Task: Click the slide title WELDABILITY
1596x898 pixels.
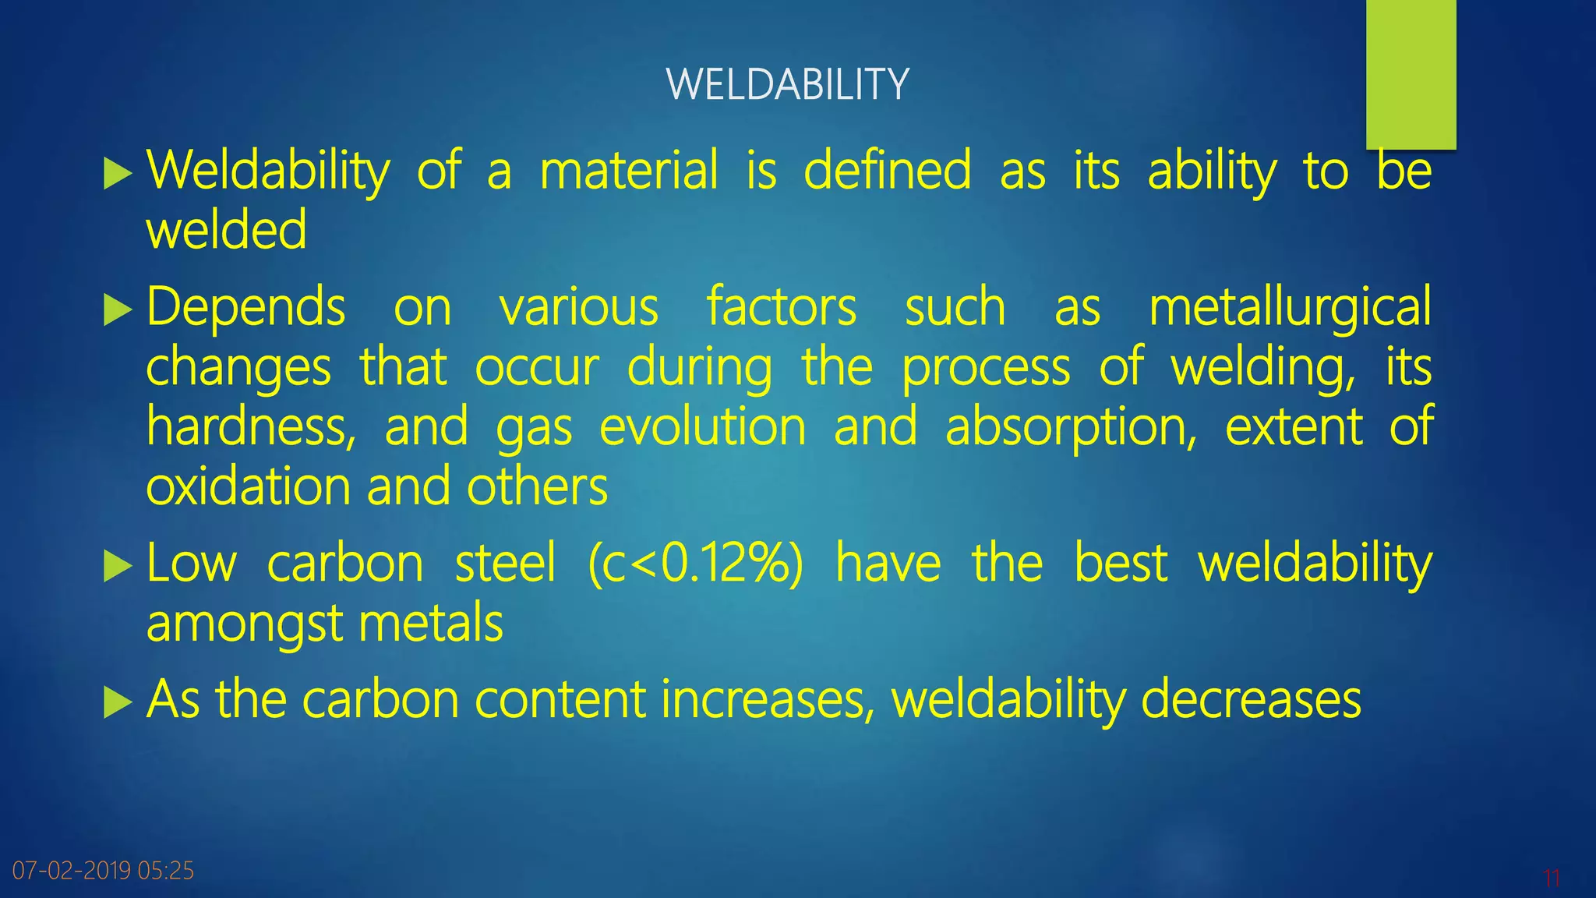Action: [787, 84]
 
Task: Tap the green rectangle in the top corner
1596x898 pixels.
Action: [1411, 74]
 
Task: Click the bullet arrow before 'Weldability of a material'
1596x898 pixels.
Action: [118, 173]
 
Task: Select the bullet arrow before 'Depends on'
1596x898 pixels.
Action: [118, 309]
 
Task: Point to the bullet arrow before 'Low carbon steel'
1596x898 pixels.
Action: [118, 566]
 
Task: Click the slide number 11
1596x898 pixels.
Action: [1551, 879]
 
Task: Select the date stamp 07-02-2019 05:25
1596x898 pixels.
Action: [103, 870]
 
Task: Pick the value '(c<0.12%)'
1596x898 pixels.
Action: [695, 563]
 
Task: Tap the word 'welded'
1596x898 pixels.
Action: [227, 231]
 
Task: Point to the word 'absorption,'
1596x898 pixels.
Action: [1071, 429]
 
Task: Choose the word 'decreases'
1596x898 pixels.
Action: [1251, 699]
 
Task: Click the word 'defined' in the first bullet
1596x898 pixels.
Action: [888, 170]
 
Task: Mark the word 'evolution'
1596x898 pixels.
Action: [702, 427]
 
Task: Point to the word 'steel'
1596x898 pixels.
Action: [506, 563]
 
